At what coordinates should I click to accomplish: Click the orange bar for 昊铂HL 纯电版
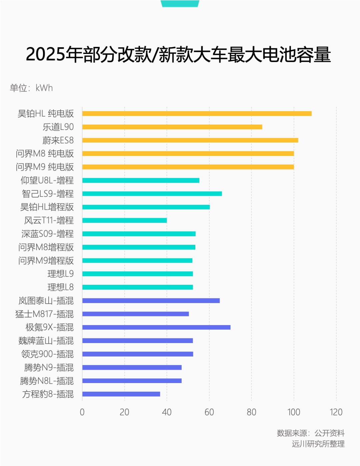[x=197, y=114]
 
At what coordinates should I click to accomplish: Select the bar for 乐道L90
[x=172, y=127]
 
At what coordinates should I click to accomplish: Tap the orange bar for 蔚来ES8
[x=190, y=140]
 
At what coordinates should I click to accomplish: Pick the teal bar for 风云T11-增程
[x=124, y=220]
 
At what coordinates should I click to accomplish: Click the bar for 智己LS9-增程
[x=152, y=194]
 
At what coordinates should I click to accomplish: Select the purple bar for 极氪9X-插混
[x=156, y=327]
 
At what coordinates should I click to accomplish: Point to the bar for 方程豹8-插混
[x=121, y=394]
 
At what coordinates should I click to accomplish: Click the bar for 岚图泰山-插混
[x=151, y=300]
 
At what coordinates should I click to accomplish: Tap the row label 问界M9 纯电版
[x=45, y=167]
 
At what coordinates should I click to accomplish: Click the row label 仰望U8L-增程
[x=47, y=180]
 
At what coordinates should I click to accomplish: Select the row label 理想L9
[x=60, y=274]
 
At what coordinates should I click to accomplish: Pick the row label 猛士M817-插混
[x=44, y=314]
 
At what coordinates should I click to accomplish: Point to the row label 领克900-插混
[x=47, y=354]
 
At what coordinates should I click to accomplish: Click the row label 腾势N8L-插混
[x=47, y=381]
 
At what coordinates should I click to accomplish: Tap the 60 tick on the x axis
[x=209, y=412]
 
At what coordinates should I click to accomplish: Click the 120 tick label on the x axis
[x=336, y=412]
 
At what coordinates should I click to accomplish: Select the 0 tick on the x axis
[x=82, y=412]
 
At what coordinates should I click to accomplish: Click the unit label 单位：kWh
[x=31, y=88]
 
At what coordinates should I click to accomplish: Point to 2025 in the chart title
[x=45, y=54]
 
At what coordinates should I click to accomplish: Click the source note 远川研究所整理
[x=318, y=444]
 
